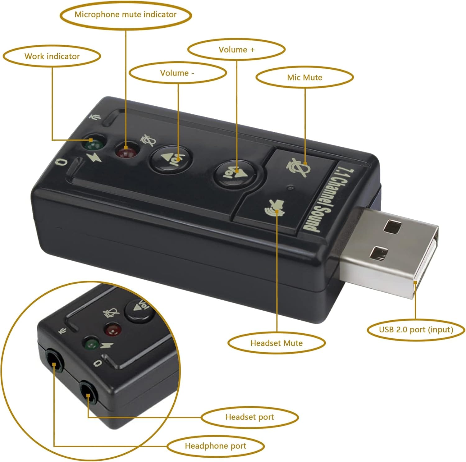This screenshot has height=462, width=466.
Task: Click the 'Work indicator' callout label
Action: (x=52, y=56)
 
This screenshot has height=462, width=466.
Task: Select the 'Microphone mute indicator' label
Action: (x=125, y=15)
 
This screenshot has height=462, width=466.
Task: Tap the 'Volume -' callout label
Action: (x=177, y=73)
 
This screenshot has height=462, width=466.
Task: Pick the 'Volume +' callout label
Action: (x=236, y=50)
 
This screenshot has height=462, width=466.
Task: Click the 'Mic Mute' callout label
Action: (x=304, y=77)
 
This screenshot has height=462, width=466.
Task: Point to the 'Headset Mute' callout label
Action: (x=276, y=343)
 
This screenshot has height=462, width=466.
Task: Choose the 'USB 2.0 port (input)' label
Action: (x=416, y=330)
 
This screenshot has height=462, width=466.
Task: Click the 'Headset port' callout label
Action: (x=249, y=417)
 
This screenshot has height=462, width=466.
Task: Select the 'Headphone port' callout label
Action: (x=215, y=446)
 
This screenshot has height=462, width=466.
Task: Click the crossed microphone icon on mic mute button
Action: (x=298, y=167)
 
